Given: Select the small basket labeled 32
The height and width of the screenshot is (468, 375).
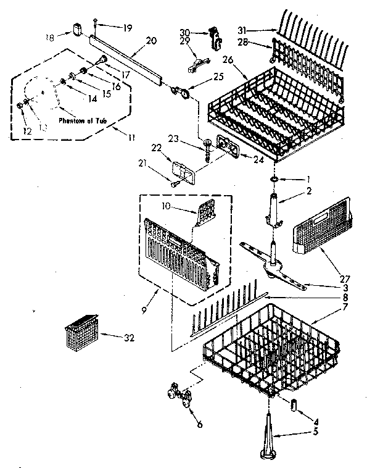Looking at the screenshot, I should click(79, 334).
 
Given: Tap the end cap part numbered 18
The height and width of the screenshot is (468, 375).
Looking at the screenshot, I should click(77, 28).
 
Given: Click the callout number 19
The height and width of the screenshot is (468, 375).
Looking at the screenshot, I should click(127, 27).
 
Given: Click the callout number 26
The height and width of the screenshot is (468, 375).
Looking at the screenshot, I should click(226, 61).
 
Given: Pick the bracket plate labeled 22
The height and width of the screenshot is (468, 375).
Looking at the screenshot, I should click(183, 170).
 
